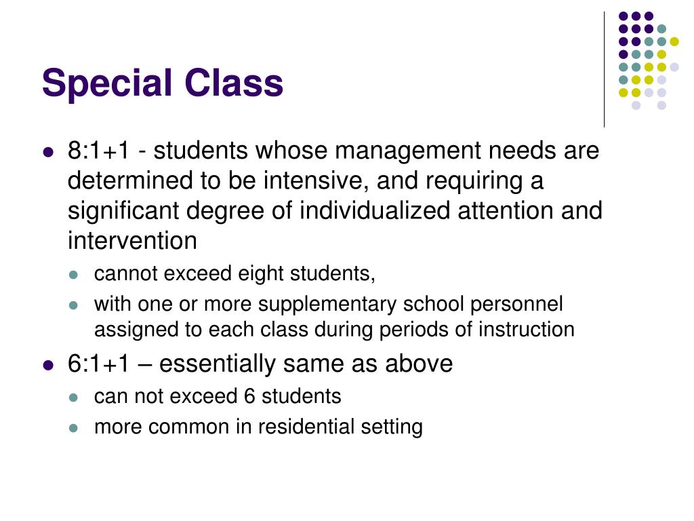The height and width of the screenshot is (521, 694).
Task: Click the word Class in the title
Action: (232, 83)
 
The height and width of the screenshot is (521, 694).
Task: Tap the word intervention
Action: (132, 241)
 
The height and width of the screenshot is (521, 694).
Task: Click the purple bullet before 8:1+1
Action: (48, 152)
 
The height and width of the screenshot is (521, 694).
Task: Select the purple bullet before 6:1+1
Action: (48, 365)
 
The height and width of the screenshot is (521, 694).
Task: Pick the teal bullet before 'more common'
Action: (75, 428)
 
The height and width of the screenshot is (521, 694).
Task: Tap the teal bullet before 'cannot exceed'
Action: (75, 275)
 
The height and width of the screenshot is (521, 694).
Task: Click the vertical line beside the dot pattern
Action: (604, 68)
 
